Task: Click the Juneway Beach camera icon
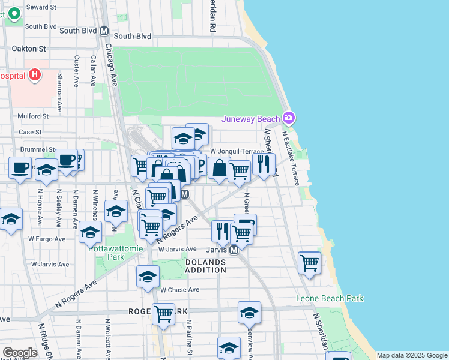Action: (289, 118)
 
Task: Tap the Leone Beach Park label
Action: (330, 298)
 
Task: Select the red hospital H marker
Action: (35, 75)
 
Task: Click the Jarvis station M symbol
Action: (235, 249)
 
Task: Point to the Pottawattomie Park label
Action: (103, 251)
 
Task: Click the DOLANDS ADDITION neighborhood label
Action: (205, 266)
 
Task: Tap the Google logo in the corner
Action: (20, 352)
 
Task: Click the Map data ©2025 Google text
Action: (411, 355)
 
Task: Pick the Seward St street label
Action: (41, 7)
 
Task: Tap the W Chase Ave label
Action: (179, 290)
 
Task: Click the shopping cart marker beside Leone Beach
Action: (309, 262)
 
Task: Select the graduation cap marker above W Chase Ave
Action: (148, 276)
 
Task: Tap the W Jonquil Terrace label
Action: (237, 151)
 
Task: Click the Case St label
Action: (30, 132)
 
